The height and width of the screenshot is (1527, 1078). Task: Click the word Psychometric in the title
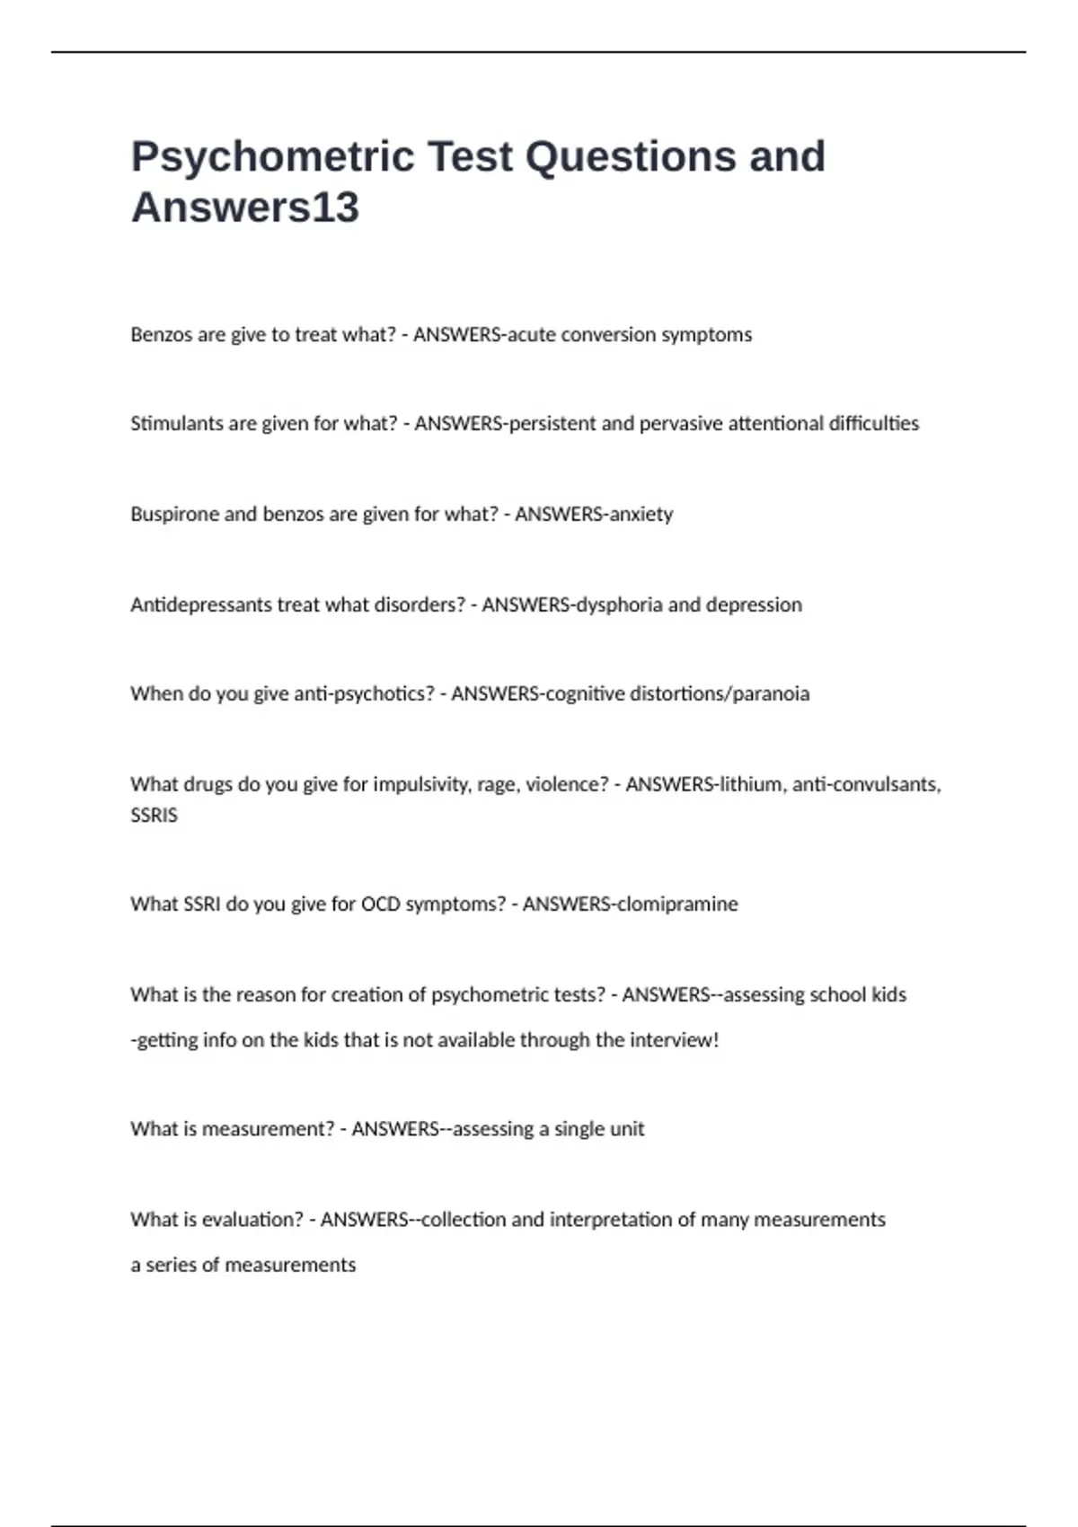(273, 157)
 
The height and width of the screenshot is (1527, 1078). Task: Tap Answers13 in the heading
(244, 207)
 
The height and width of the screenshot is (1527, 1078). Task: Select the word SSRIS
(154, 816)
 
